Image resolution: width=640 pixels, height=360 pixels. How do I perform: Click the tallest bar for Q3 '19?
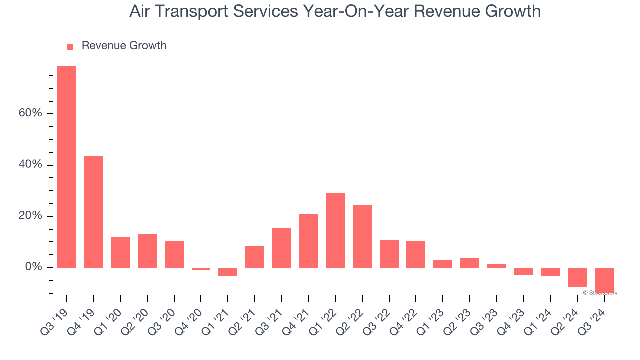(x=67, y=167)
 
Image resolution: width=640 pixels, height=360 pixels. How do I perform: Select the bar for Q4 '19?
(x=93, y=212)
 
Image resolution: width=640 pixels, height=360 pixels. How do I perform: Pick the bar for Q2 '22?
(x=362, y=236)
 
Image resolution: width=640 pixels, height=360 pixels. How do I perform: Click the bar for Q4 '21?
(x=308, y=241)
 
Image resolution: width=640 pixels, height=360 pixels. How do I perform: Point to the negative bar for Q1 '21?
(x=228, y=272)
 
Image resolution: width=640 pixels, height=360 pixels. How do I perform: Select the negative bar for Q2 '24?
(x=577, y=277)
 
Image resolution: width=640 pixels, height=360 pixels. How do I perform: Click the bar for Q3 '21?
(x=282, y=248)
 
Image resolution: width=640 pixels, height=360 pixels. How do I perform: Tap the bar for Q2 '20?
(x=147, y=251)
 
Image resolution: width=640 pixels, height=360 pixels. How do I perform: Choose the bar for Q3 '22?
(x=389, y=254)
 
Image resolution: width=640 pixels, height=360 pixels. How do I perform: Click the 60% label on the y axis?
(x=30, y=113)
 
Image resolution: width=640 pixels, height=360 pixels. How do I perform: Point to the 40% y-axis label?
(x=30, y=165)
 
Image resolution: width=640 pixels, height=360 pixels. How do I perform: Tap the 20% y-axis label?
(x=30, y=216)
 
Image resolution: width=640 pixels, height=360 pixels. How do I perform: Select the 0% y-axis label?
(x=33, y=268)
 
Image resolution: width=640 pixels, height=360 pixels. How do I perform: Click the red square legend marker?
(x=70, y=46)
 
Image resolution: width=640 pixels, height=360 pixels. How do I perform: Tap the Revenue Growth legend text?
(x=124, y=46)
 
